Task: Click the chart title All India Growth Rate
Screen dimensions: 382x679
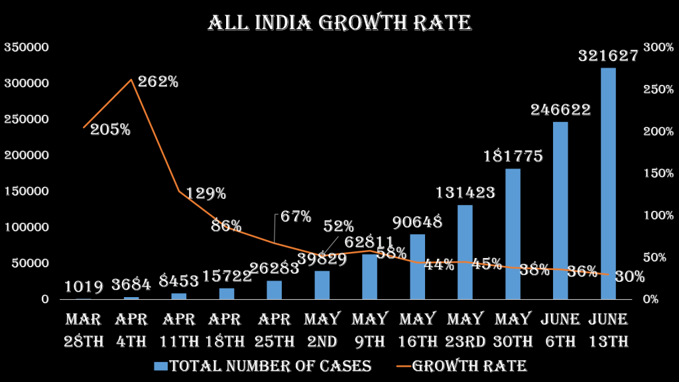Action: tap(339, 23)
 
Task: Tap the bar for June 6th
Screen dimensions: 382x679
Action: tap(560, 210)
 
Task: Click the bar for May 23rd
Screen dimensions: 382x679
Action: tap(465, 252)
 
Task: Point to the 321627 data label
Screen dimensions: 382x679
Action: tap(608, 56)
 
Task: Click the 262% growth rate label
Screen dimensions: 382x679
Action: tap(158, 82)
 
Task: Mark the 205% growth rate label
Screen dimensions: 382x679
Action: tap(111, 130)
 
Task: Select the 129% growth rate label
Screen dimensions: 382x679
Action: tap(206, 194)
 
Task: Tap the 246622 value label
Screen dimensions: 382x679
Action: tap(560, 110)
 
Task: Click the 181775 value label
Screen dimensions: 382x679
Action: tap(513, 157)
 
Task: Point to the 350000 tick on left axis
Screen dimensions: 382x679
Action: tap(27, 48)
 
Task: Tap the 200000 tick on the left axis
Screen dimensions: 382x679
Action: tap(27, 155)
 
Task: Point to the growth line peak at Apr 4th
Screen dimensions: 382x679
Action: tap(131, 80)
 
